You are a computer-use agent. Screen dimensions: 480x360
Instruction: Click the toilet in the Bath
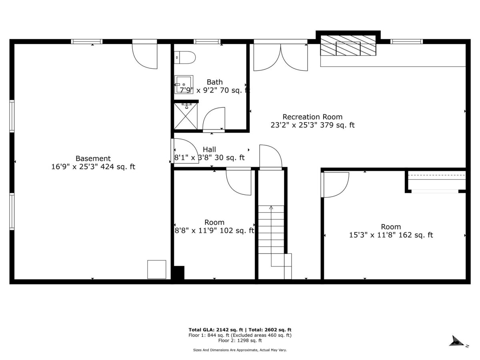point(185,58)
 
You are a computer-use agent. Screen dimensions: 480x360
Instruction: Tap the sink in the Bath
point(184,84)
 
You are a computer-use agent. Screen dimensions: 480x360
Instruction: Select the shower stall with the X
point(186,116)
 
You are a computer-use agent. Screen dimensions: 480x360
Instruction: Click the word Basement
point(93,158)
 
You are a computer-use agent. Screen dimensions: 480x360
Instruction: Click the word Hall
point(209,150)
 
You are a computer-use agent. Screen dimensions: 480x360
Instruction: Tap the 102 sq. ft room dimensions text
point(214,231)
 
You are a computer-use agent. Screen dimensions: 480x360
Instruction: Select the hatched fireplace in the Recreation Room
point(348,45)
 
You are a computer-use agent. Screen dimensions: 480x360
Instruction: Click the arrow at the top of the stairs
point(271,208)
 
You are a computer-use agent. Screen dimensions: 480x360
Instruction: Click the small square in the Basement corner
point(156,269)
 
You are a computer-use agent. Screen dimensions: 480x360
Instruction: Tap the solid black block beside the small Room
point(179,272)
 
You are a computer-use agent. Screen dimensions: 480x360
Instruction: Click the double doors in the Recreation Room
point(280,57)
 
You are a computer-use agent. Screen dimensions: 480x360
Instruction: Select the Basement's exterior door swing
point(145,56)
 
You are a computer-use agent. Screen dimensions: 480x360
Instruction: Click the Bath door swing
point(214,118)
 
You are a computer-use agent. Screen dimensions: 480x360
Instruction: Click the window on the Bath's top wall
point(207,42)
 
